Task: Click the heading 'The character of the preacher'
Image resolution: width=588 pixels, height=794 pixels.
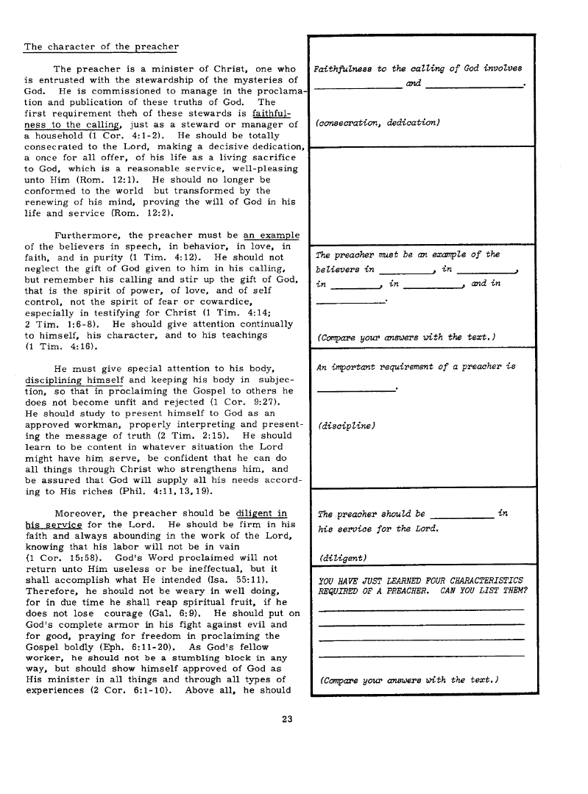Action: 102,47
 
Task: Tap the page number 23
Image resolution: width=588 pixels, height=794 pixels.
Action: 288,718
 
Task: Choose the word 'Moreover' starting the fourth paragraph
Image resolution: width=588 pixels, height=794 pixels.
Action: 81,513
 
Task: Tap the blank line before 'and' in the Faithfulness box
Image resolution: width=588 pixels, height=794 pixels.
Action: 358,87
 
